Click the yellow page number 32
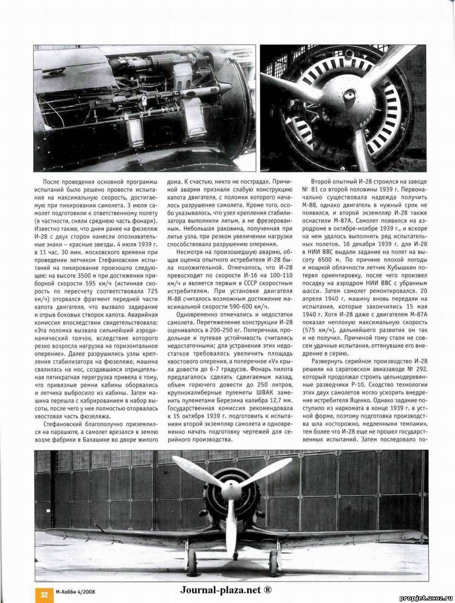pyautogui.click(x=44, y=594)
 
